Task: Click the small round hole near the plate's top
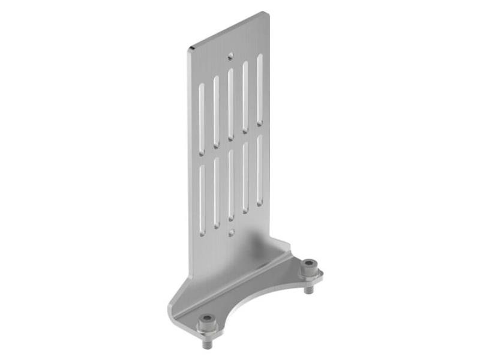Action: tap(230, 57)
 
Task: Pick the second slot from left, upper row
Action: tap(216, 111)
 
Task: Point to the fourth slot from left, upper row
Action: tap(245, 96)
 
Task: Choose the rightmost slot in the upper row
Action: tap(260, 89)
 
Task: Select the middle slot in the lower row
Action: tap(230, 184)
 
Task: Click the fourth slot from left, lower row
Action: tap(245, 178)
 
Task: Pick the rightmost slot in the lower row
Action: tap(260, 170)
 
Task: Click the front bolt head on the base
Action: tap(207, 319)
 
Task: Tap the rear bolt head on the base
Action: tap(308, 264)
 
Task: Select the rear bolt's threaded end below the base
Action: tap(309, 289)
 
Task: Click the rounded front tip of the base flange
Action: tap(172, 312)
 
